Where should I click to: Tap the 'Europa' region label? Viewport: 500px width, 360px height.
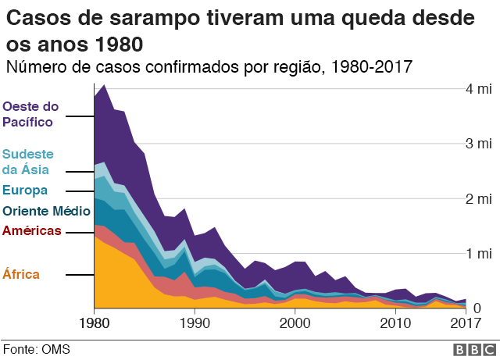tap(25, 190)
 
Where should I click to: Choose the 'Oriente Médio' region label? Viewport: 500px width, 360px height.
tap(46, 210)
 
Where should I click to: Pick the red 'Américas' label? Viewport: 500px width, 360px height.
tap(31, 230)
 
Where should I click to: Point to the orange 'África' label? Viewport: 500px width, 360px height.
tap(21, 274)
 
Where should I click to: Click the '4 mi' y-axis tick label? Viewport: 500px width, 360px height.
tap(478, 89)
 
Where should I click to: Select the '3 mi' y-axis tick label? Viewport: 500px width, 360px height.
tap(478, 144)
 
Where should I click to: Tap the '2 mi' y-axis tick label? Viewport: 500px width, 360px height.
tap(478, 198)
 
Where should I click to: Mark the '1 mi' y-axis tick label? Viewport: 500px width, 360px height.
tap(478, 253)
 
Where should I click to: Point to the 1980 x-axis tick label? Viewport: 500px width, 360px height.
tap(94, 323)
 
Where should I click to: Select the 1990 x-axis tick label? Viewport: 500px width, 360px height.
tap(195, 323)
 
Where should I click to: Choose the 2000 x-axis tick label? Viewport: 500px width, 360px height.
tap(295, 323)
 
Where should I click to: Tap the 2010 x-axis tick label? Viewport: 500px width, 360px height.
tap(395, 323)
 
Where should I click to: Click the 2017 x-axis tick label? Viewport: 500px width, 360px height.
tap(466, 323)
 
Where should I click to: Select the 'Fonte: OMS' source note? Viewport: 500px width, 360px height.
tap(36, 349)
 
